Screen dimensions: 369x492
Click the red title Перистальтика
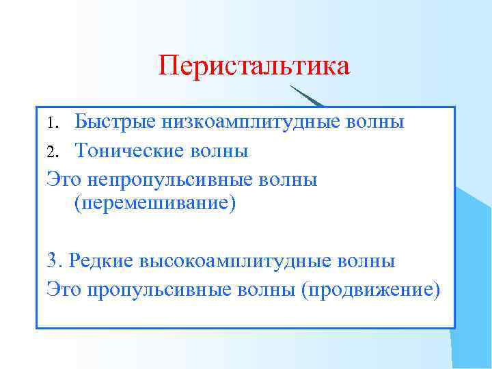click(254, 66)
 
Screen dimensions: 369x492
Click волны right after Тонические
click(223, 150)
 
